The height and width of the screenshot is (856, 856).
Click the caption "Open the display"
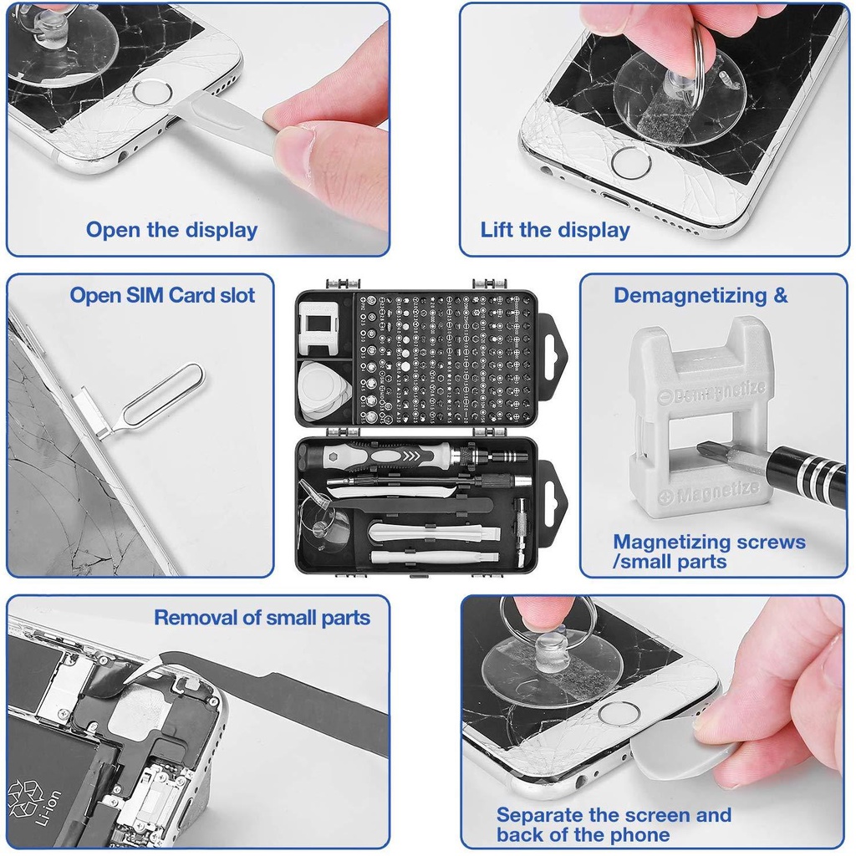coord(171,230)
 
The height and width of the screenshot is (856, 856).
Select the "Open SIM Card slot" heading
coord(162,295)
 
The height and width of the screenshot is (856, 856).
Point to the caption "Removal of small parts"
coord(262,618)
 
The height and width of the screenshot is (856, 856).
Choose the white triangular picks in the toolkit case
coord(324,389)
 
